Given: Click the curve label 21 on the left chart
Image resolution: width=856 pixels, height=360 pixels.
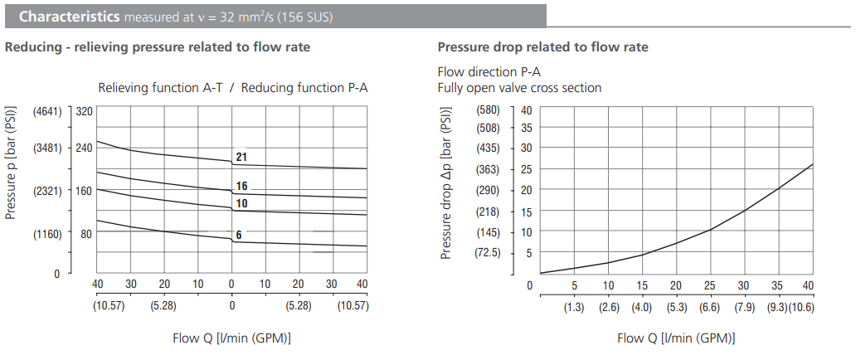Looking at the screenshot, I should (x=242, y=157).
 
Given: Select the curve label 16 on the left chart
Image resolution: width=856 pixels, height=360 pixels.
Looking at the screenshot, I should (x=242, y=186).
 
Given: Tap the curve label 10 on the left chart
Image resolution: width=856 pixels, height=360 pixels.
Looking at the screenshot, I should (x=242, y=203).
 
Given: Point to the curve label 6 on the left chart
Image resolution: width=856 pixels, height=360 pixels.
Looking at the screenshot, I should (x=239, y=235).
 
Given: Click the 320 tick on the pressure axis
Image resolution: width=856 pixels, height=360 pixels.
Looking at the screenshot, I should (x=84, y=111).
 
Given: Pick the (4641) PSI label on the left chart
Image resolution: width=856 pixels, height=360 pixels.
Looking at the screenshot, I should (x=47, y=111).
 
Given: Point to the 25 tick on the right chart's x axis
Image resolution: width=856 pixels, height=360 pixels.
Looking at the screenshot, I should (x=710, y=285).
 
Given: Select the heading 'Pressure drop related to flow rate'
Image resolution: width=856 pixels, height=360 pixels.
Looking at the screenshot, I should (x=542, y=47).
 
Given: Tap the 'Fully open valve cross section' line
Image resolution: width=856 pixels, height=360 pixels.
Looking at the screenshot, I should (x=519, y=88).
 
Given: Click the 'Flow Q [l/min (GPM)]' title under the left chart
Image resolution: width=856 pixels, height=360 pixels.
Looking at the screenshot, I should (x=231, y=338).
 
